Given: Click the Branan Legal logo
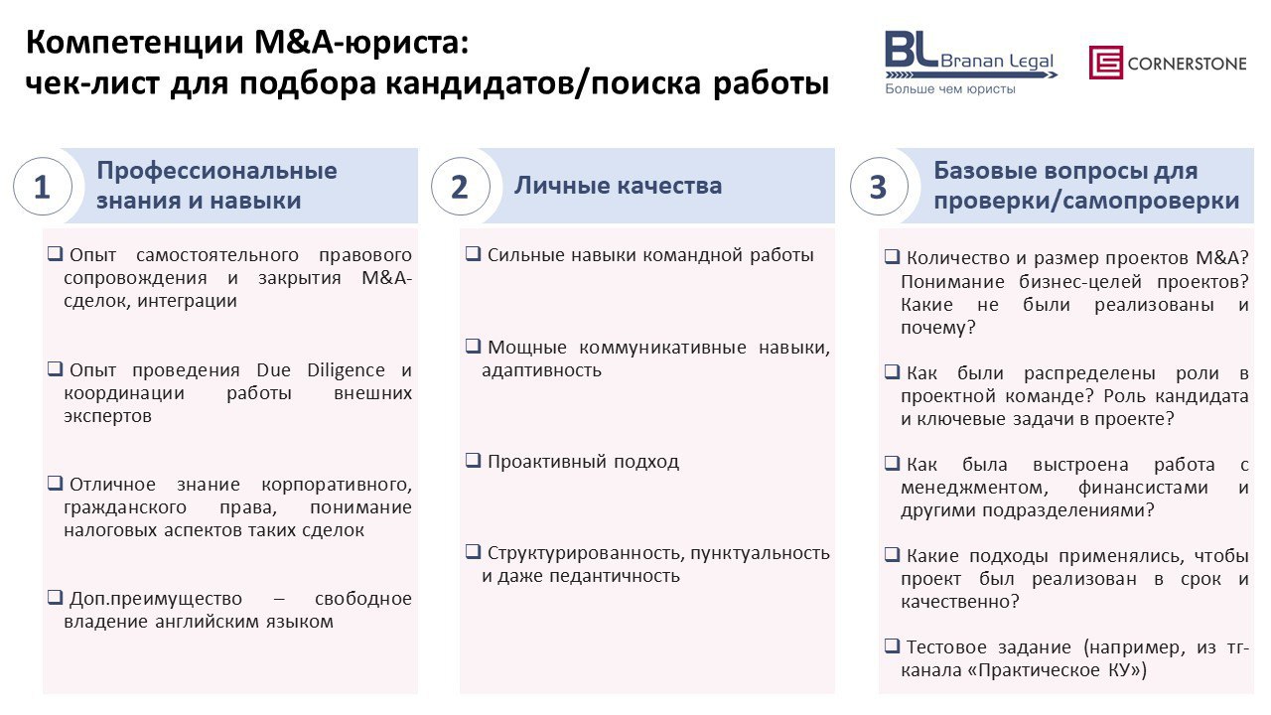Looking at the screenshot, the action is (970, 63).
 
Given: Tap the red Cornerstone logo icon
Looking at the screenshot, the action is (1105, 62).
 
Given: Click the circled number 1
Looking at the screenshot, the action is (43, 187).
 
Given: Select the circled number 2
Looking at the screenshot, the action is (460, 187).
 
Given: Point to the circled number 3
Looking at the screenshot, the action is (879, 187).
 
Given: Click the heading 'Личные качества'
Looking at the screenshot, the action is (618, 186).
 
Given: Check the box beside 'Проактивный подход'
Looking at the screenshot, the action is (473, 460).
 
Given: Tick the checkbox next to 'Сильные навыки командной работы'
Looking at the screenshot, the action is (473, 253).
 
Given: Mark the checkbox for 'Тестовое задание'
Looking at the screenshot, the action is (892, 645).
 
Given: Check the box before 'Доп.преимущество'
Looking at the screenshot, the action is (55, 597).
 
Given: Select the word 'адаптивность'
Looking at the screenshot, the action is (541, 370).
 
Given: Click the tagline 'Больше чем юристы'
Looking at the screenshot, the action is (950, 88).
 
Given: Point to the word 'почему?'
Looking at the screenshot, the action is (938, 328).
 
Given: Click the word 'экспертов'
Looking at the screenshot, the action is (108, 416).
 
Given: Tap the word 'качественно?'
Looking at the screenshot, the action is (960, 602).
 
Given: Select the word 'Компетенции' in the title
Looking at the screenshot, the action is (135, 42).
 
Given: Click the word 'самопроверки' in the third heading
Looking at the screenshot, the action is (1150, 201).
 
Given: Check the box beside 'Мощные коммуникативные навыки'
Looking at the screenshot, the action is (473, 345).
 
